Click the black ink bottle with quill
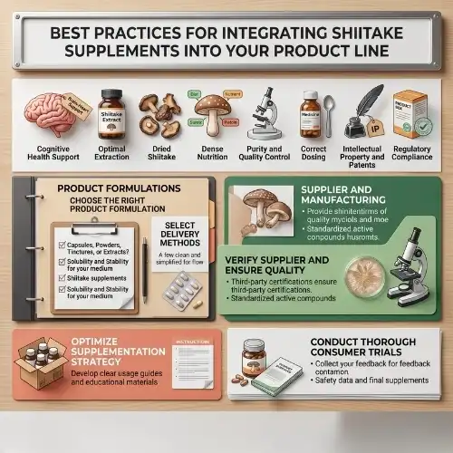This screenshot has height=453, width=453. pos(363,115)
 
